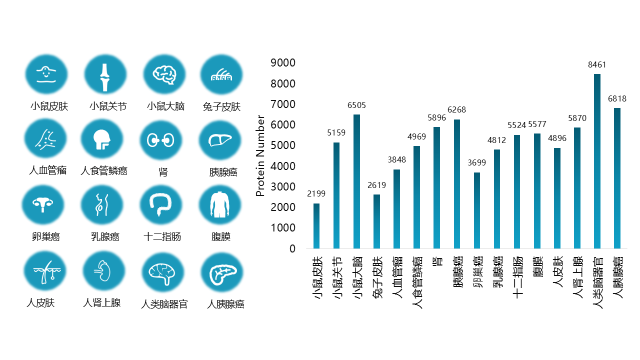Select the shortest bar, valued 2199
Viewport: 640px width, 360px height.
click(316, 225)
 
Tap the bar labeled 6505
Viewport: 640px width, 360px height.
click(356, 181)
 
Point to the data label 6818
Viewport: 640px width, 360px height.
click(617, 99)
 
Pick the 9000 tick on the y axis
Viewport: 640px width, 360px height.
click(282, 62)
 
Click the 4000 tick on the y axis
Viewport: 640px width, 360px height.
click(282, 166)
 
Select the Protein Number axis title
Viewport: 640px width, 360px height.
click(260, 155)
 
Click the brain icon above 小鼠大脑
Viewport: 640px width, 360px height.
click(164, 74)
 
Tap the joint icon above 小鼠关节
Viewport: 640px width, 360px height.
click(104, 75)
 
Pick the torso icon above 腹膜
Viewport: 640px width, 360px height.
click(219, 205)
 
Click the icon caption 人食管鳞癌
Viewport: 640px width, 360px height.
click(104, 171)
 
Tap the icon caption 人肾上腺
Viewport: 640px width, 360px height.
click(101, 303)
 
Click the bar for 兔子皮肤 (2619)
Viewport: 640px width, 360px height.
click(376, 221)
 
